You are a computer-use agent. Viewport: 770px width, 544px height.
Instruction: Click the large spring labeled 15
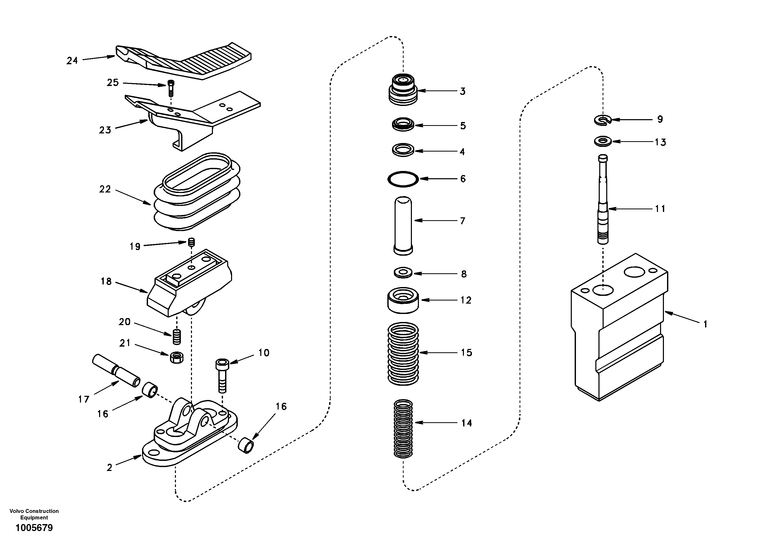pyautogui.click(x=403, y=353)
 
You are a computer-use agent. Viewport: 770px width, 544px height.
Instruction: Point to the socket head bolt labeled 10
pyautogui.click(x=222, y=374)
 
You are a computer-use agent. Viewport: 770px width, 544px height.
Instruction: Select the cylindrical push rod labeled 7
pyautogui.click(x=403, y=225)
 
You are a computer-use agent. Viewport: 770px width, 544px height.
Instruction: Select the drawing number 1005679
pyautogui.click(x=34, y=528)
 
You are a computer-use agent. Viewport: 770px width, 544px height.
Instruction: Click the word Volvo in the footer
pyautogui.click(x=17, y=511)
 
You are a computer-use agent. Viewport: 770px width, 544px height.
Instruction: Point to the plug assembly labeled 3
pyautogui.click(x=403, y=90)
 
